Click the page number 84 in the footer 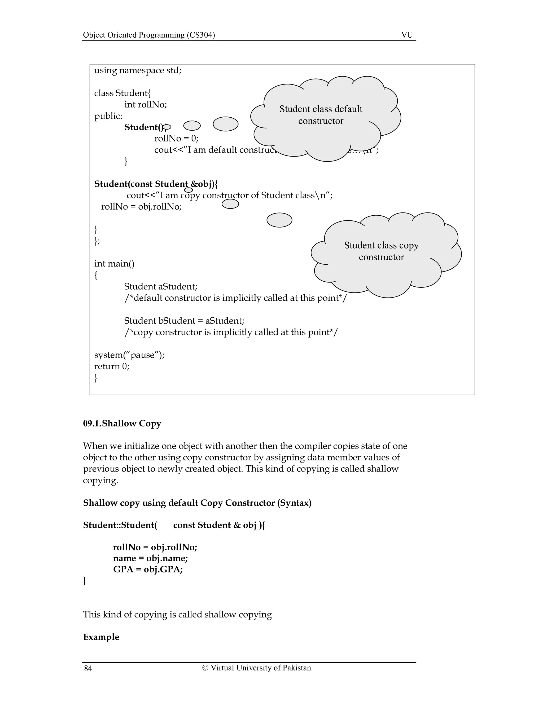pyautogui.click(x=88, y=669)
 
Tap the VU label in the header pyautogui.click(x=407, y=35)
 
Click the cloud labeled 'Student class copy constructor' pyautogui.click(x=384, y=254)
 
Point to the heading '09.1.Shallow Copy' pyautogui.click(x=122, y=423)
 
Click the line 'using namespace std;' pyautogui.click(x=138, y=70)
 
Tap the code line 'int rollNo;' pyautogui.click(x=145, y=104)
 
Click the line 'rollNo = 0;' pyautogui.click(x=176, y=139)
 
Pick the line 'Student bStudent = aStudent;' pyautogui.click(x=184, y=321)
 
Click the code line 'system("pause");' pyautogui.click(x=129, y=355)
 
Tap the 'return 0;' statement pyautogui.click(x=112, y=366)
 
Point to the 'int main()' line pyautogui.click(x=114, y=264)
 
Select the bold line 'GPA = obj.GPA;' pyautogui.click(x=148, y=569)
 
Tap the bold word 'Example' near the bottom pyautogui.click(x=101, y=637)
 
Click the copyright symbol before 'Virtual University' pyautogui.click(x=205, y=668)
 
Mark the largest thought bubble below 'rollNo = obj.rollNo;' pyautogui.click(x=279, y=220)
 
